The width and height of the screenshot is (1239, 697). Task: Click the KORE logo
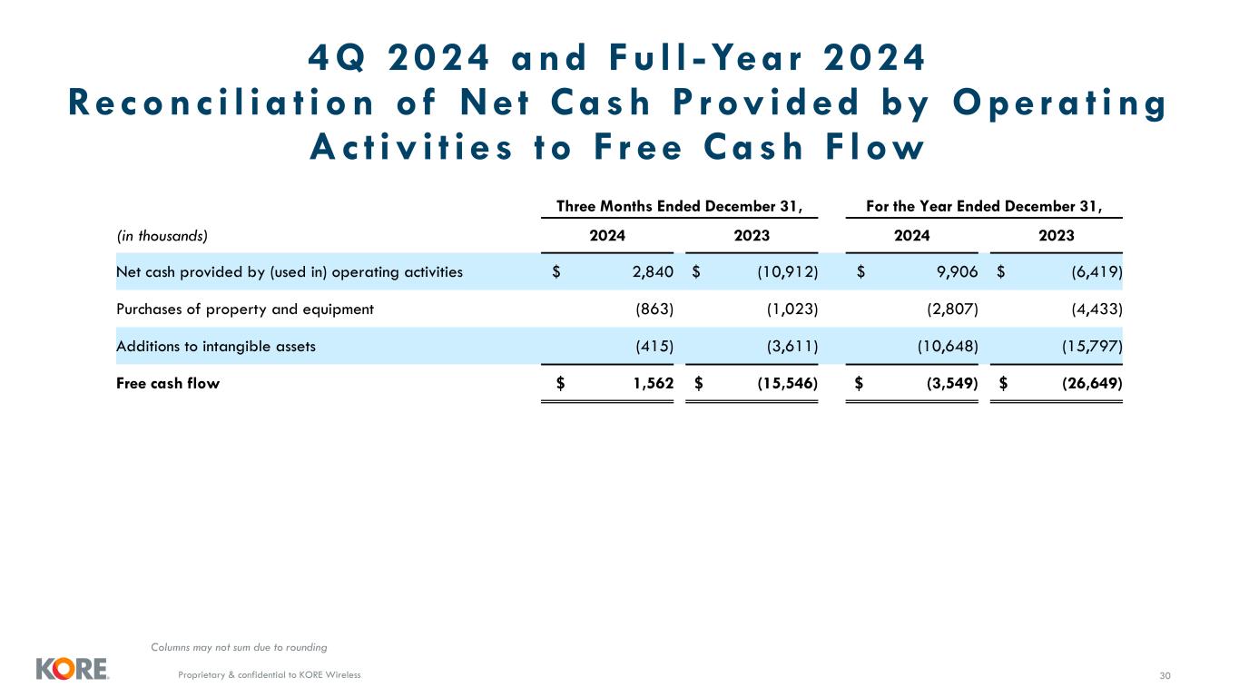(x=72, y=669)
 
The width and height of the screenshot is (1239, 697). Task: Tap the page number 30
(x=1165, y=674)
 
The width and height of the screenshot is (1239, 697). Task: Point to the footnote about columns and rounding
(x=239, y=647)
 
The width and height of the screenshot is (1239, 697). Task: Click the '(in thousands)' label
(x=162, y=236)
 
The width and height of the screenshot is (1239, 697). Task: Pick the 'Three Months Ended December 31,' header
(x=679, y=206)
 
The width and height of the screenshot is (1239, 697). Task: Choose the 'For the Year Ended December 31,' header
(x=984, y=206)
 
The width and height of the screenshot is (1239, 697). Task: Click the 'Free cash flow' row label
(x=168, y=383)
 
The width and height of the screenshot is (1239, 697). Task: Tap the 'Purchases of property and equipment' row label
(x=245, y=309)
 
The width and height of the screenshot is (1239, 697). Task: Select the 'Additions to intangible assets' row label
(x=216, y=346)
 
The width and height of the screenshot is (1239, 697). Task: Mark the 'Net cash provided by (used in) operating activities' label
(x=290, y=271)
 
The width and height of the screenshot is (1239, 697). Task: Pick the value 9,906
(x=957, y=271)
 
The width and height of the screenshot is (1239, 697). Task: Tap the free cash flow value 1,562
(x=653, y=383)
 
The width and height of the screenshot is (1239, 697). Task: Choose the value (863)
(x=654, y=309)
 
